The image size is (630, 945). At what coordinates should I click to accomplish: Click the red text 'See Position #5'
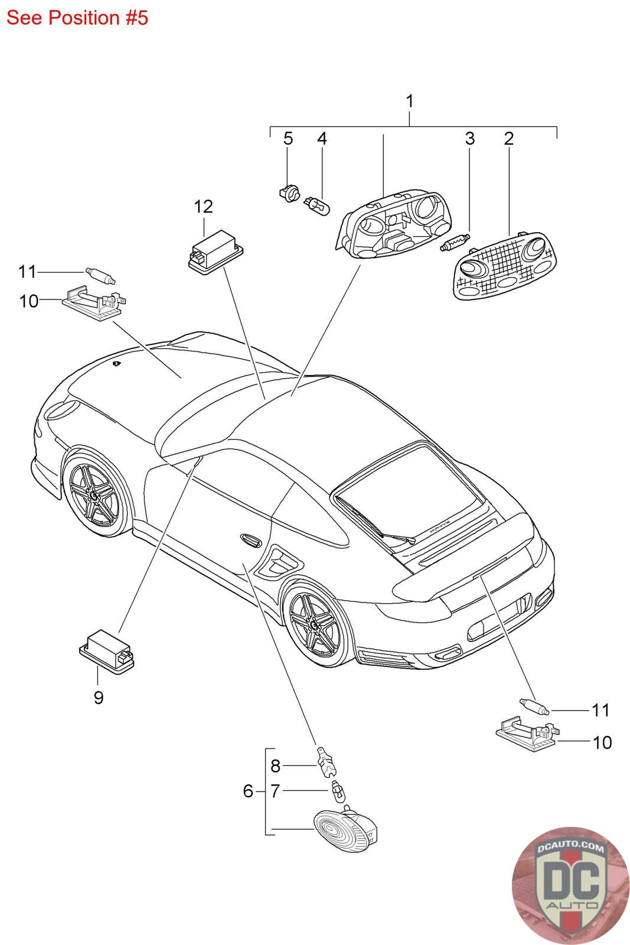click(77, 18)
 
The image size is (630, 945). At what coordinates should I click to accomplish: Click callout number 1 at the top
click(409, 101)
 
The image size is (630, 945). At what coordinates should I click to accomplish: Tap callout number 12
click(203, 207)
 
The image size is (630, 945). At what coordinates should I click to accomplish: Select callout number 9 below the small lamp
click(99, 698)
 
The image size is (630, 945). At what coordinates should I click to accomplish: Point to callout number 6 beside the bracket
click(248, 790)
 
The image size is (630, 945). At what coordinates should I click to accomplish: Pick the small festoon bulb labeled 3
click(454, 243)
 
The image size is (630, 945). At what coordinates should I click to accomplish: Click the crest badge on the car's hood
click(116, 364)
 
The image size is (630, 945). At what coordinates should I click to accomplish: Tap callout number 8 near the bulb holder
click(275, 766)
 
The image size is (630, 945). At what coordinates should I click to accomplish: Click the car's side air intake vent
click(276, 560)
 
